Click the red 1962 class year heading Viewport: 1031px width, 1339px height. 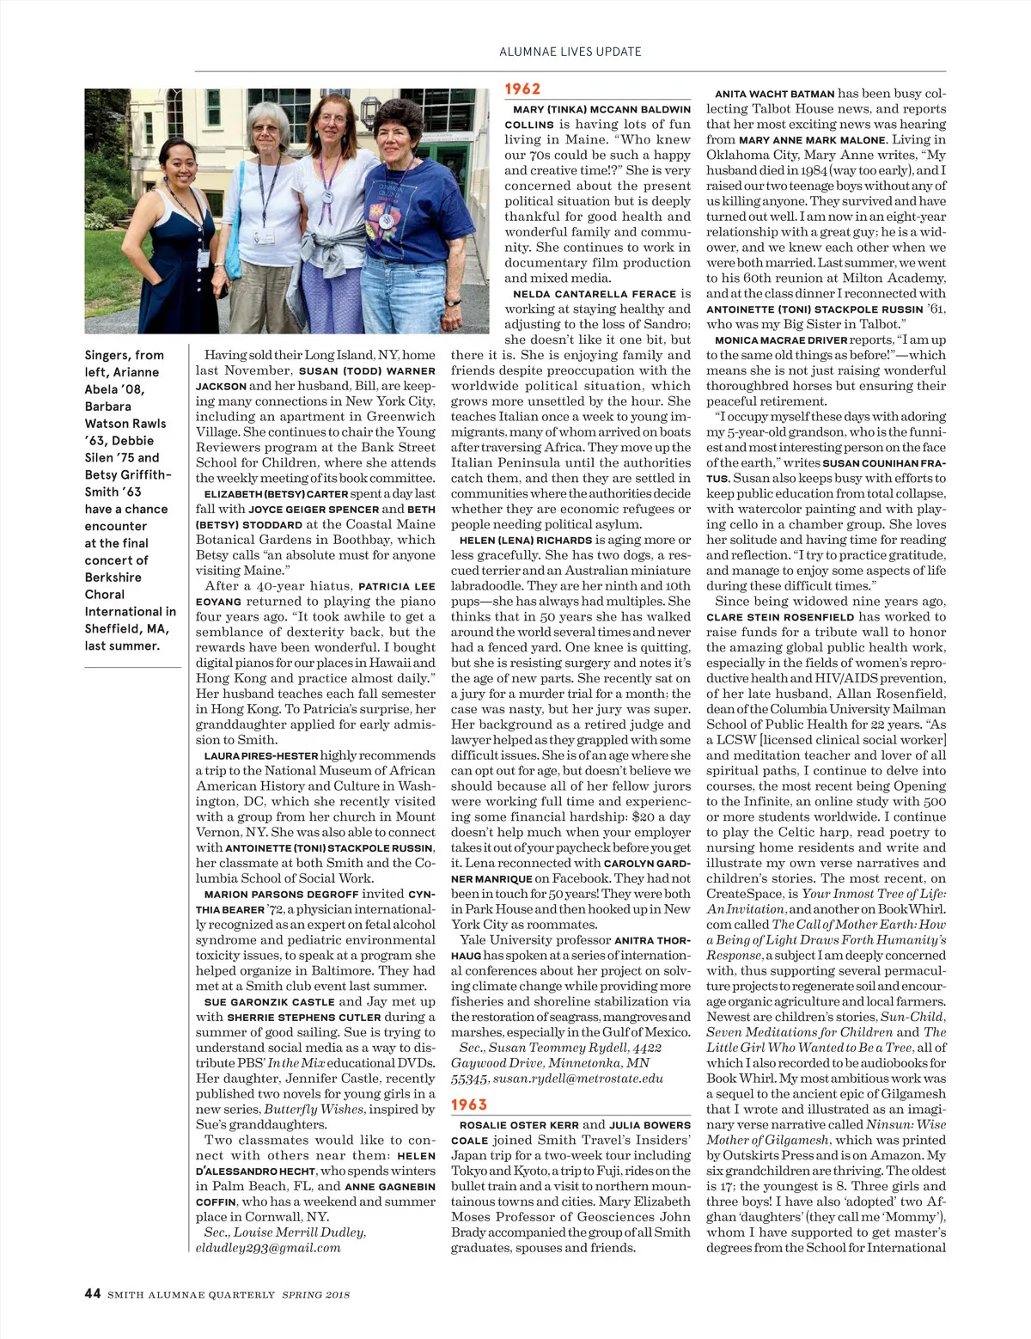522,89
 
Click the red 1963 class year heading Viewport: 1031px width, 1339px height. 469,1104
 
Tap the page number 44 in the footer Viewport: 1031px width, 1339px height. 92,1293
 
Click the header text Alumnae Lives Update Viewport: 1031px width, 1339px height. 570,52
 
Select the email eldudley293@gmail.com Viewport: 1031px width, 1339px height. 268,1247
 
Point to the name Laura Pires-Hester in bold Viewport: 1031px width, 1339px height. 261,755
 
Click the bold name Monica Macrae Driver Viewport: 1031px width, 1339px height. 781,340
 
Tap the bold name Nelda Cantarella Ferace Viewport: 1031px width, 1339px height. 595,294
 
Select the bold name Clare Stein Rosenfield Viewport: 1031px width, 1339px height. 780,617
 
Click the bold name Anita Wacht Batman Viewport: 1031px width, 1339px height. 774,94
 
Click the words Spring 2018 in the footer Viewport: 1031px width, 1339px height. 315,1294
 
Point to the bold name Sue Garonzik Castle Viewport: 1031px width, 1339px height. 269,1002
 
